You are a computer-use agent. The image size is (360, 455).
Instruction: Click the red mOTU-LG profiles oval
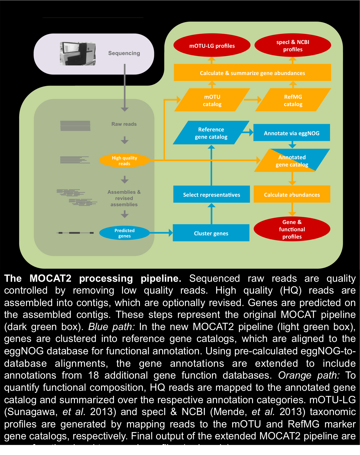point(212,45)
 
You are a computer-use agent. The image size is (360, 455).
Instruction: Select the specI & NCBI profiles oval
point(293,45)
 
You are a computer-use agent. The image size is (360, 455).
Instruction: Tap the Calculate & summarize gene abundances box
point(252,73)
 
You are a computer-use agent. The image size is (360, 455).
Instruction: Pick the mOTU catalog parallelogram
point(212,100)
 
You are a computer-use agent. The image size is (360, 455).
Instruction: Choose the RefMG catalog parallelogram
point(293,100)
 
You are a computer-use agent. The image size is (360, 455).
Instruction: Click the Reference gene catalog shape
point(211,133)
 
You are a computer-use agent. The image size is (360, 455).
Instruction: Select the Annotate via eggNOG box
point(291,133)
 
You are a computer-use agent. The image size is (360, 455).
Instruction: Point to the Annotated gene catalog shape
point(292,161)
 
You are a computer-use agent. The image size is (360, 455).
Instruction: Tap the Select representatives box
point(211,194)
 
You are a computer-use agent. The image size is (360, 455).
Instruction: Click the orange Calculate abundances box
point(292,194)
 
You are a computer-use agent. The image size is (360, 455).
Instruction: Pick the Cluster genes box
point(211,233)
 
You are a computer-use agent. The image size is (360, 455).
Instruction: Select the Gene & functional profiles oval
point(292,229)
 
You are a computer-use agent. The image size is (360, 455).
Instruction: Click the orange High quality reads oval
point(124,161)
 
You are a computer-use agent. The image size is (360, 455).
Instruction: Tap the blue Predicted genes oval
point(124,233)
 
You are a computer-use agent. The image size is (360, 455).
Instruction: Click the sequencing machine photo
point(78,53)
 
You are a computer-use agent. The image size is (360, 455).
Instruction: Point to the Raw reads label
point(124,124)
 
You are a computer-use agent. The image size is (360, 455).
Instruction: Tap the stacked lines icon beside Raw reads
point(75,126)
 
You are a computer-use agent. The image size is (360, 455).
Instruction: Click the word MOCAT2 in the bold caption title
point(50,278)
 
